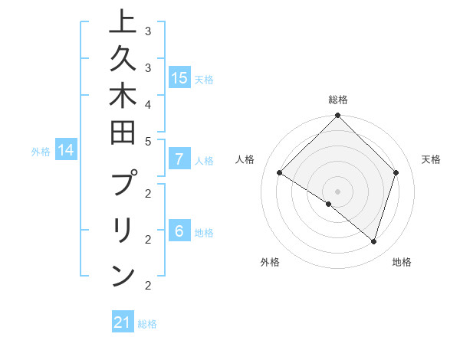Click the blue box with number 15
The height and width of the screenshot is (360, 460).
179,77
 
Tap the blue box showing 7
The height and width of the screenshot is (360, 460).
179,159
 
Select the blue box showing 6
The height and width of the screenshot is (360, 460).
179,231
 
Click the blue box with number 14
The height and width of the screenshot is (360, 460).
66,150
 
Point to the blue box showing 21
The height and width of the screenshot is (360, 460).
122,322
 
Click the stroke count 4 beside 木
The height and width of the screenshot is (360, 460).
147,103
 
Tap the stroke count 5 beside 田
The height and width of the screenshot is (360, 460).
147,142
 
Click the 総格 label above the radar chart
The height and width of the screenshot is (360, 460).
337,100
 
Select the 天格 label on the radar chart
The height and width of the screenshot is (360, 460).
431,159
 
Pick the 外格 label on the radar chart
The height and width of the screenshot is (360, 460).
270,262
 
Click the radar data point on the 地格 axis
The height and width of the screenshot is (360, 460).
373,241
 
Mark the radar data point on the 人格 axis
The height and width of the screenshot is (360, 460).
280,173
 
